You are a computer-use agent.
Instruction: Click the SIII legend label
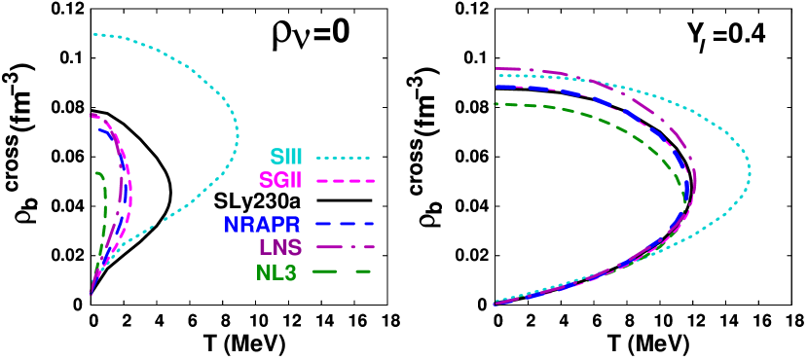point(287,157)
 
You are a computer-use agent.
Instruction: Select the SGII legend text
point(281,180)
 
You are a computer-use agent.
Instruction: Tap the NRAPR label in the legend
point(262,224)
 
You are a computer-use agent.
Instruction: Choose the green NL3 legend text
point(276,272)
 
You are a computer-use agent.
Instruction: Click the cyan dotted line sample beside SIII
point(344,157)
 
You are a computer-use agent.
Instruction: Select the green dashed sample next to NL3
point(344,272)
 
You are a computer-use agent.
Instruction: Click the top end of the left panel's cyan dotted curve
point(94,34)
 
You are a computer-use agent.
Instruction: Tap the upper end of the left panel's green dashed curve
point(96,172)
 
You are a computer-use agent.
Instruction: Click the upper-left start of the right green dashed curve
point(496,103)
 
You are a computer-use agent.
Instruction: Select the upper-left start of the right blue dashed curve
point(496,87)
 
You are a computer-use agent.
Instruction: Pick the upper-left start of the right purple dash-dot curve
point(496,68)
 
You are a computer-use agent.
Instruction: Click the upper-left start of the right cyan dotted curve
point(496,75)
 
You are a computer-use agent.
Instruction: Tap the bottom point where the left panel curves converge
point(91,294)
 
